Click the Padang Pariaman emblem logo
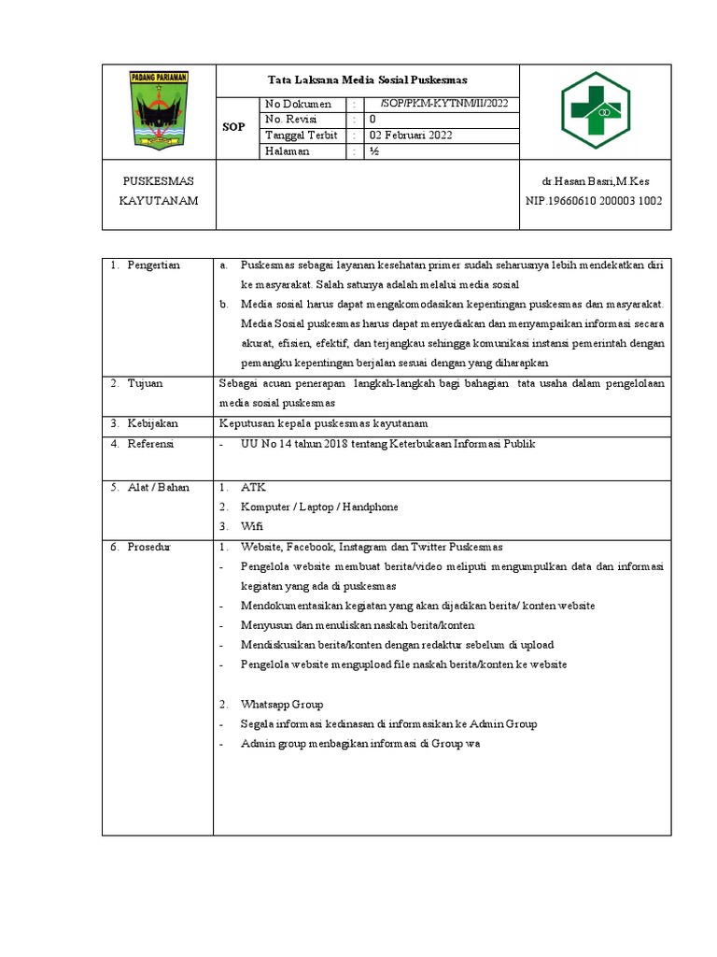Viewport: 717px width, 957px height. (x=159, y=110)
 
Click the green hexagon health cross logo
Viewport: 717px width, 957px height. (x=595, y=110)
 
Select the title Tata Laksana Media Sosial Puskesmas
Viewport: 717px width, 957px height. (x=367, y=79)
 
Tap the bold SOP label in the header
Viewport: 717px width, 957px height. (x=233, y=127)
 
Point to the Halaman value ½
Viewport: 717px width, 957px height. (x=373, y=151)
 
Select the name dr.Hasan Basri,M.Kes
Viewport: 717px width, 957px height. (x=595, y=180)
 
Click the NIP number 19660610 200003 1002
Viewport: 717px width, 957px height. (x=595, y=201)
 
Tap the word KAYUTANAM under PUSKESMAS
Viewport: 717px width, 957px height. (x=159, y=201)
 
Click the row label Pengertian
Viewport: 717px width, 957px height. (x=154, y=266)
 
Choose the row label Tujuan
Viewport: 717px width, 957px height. (x=147, y=384)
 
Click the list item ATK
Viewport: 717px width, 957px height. (x=253, y=488)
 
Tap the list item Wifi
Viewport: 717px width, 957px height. (x=252, y=526)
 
